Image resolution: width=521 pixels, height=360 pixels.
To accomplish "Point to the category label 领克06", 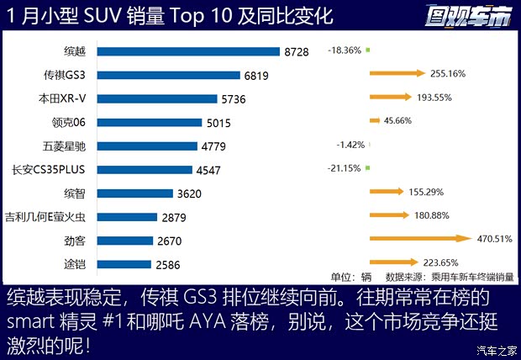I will [x=80, y=122].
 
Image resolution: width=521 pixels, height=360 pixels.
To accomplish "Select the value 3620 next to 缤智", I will [x=190, y=193].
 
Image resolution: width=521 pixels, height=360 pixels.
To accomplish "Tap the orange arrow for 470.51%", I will [x=420, y=239].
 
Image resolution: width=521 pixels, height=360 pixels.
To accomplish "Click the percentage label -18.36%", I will [x=345, y=50].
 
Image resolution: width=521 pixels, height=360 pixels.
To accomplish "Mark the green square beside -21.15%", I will [x=367, y=168].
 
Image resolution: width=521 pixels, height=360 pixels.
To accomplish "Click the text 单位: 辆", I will [x=351, y=276].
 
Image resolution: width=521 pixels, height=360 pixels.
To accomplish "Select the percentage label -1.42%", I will [x=350, y=145].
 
